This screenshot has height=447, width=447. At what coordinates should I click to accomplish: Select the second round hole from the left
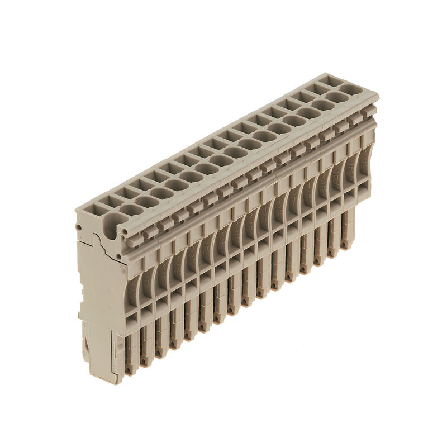click(x=132, y=210)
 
